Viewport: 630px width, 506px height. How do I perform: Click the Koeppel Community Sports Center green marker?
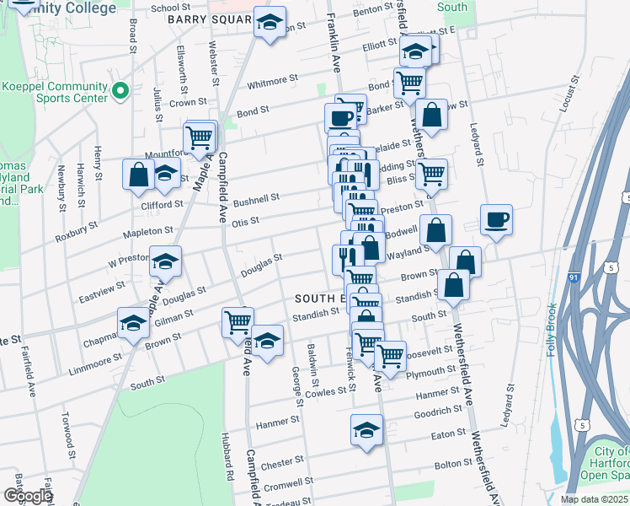pos(120,89)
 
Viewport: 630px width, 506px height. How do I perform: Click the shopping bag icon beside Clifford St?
pos(138,175)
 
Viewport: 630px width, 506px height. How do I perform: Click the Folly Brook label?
pos(553,330)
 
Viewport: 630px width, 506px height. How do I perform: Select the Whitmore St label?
pos(273,82)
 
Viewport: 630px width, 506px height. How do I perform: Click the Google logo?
pos(28,497)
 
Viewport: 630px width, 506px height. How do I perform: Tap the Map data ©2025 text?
pos(595,499)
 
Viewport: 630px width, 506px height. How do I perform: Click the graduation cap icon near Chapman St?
pos(134,325)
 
